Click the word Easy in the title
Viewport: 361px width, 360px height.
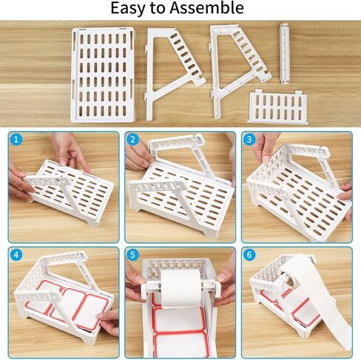[127, 8]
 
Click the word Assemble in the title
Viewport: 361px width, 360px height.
[206, 7]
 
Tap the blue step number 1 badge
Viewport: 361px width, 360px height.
[16, 139]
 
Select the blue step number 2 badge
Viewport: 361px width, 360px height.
[132, 139]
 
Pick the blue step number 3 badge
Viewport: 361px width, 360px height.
[249, 139]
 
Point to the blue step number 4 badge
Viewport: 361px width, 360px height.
[16, 255]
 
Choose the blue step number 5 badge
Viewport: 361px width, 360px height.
[132, 255]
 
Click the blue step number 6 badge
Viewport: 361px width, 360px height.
[249, 255]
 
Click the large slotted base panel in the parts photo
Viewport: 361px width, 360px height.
[103, 75]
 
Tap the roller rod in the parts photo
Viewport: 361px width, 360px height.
[284, 54]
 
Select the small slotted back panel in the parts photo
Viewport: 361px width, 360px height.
[277, 106]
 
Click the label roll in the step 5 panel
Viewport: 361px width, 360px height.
[181, 288]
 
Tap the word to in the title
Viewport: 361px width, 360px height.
[156, 8]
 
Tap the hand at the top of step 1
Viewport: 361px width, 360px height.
[70, 150]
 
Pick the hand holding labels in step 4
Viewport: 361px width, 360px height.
[109, 321]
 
